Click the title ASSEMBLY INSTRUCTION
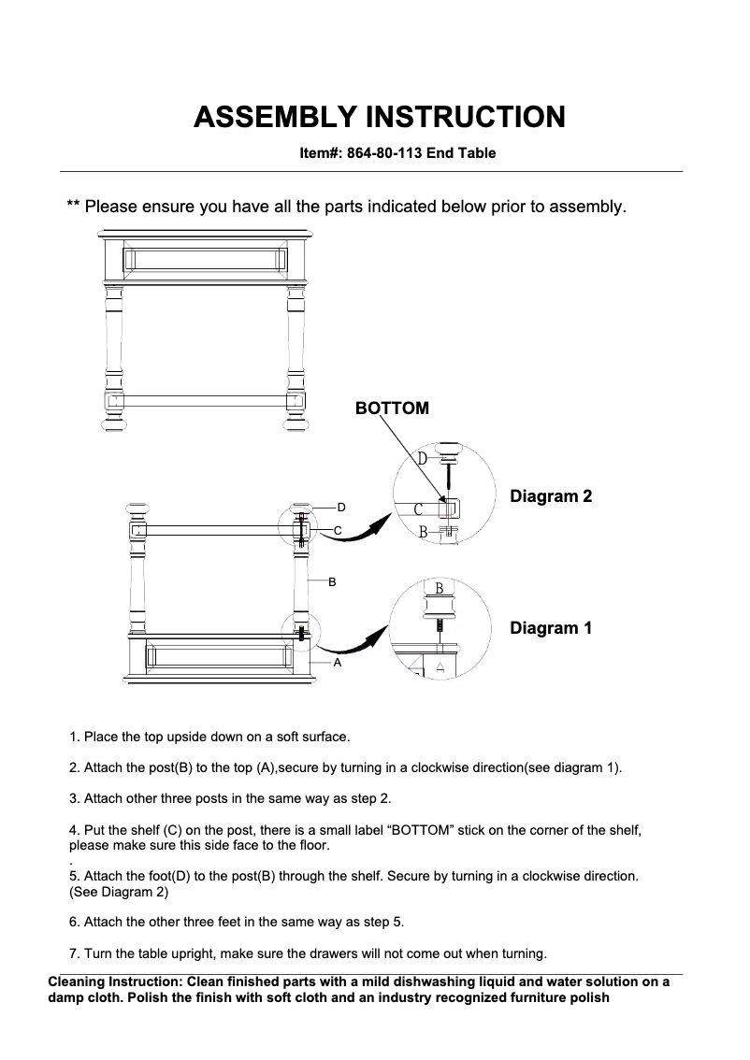click(x=379, y=117)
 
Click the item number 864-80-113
click(x=384, y=153)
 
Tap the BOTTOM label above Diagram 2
click(x=392, y=408)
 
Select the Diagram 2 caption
click(x=551, y=496)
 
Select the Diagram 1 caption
click(x=551, y=628)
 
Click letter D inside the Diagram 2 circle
click(x=423, y=459)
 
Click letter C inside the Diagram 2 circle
click(x=419, y=509)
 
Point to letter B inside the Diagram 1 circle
click(x=440, y=589)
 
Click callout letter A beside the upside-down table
click(x=338, y=662)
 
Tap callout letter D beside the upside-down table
click(x=341, y=507)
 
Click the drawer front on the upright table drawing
click(x=205, y=259)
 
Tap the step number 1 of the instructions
click(x=73, y=738)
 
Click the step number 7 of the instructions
click(x=73, y=954)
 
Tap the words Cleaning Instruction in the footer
click(x=114, y=982)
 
